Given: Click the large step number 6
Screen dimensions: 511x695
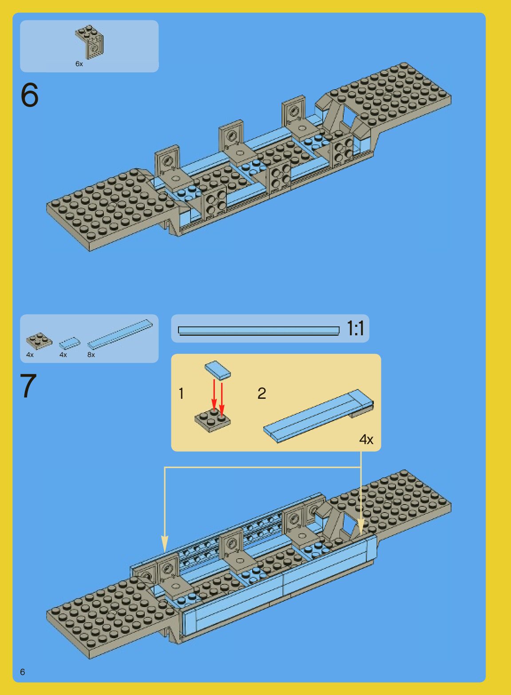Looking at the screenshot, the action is click(29, 95).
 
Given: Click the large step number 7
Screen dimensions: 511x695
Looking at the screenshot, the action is click(28, 386).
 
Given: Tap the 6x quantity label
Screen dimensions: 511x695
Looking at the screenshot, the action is click(79, 64).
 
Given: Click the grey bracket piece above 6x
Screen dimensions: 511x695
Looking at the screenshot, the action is click(91, 42).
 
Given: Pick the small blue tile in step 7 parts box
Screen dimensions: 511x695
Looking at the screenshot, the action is click(70, 343).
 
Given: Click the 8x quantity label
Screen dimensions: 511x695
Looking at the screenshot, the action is click(91, 355).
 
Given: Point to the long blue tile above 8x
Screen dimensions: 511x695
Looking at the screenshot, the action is click(120, 334).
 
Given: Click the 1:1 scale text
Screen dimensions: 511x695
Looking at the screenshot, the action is click(355, 329).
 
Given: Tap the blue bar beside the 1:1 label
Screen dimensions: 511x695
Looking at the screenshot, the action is click(258, 330).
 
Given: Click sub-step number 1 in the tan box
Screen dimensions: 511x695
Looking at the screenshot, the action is click(181, 393).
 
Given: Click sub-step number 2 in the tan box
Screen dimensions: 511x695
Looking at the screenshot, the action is click(262, 393).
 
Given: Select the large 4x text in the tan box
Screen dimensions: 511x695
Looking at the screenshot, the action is click(366, 440).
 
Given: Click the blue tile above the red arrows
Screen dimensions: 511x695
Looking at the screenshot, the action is click(218, 369).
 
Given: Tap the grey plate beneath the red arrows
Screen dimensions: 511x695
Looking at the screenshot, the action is click(213, 421).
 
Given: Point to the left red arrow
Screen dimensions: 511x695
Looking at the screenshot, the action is click(214, 395).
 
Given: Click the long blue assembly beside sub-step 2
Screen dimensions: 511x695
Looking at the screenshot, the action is click(318, 415).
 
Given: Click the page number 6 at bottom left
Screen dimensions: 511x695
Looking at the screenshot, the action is click(23, 672).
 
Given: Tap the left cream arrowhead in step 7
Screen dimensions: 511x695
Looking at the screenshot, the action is click(165, 544).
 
